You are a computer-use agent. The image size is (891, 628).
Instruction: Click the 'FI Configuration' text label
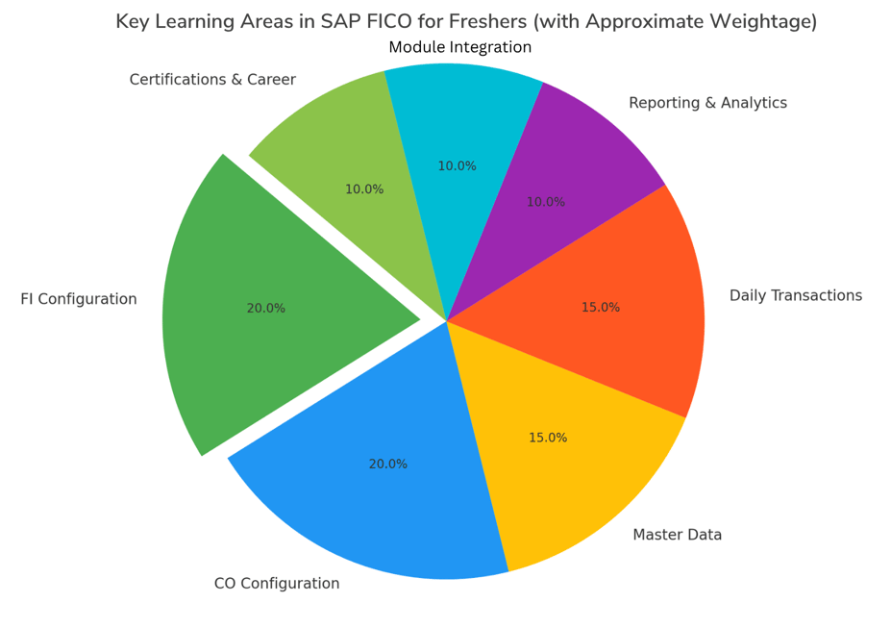click(x=79, y=299)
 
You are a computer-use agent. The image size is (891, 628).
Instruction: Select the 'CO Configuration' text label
click(x=277, y=584)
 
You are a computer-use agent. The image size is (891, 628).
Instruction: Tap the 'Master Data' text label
click(x=677, y=535)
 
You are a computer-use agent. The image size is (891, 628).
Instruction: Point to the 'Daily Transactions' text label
click(x=795, y=295)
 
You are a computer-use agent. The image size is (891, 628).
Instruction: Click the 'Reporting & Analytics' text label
click(x=707, y=103)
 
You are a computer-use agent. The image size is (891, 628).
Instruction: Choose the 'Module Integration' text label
click(x=459, y=47)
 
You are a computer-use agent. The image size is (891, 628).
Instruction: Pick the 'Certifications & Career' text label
click(x=212, y=80)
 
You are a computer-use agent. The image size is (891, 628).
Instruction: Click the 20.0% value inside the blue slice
click(x=388, y=465)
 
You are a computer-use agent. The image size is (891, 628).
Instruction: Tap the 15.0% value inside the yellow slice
click(x=548, y=438)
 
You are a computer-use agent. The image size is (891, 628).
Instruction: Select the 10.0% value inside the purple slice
click(x=546, y=202)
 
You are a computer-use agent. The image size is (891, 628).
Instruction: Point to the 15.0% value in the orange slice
click(x=601, y=308)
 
